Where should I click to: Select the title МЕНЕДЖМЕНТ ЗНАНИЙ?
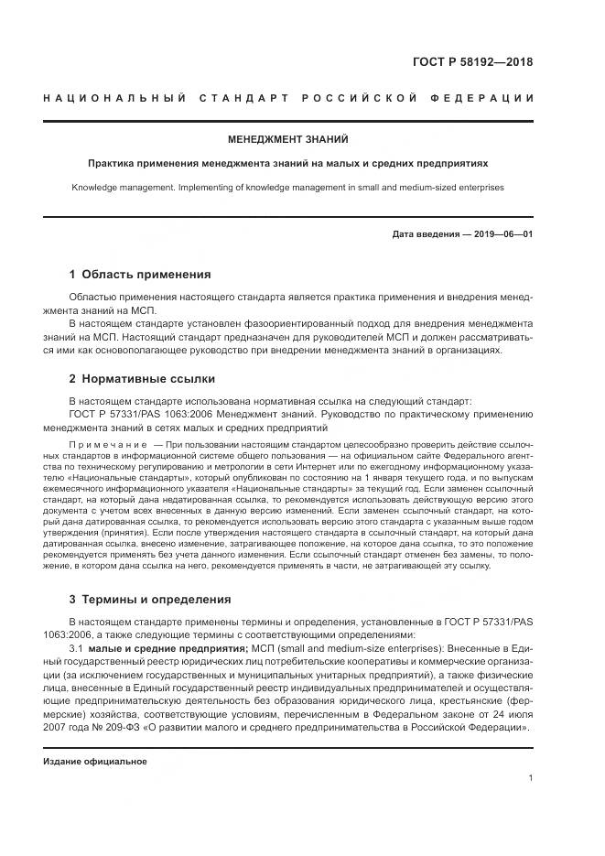288,140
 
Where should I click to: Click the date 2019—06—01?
501,233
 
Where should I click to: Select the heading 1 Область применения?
140,274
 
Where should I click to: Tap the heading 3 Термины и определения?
150,600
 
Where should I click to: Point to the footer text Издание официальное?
95,761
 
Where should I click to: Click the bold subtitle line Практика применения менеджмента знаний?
287,164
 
